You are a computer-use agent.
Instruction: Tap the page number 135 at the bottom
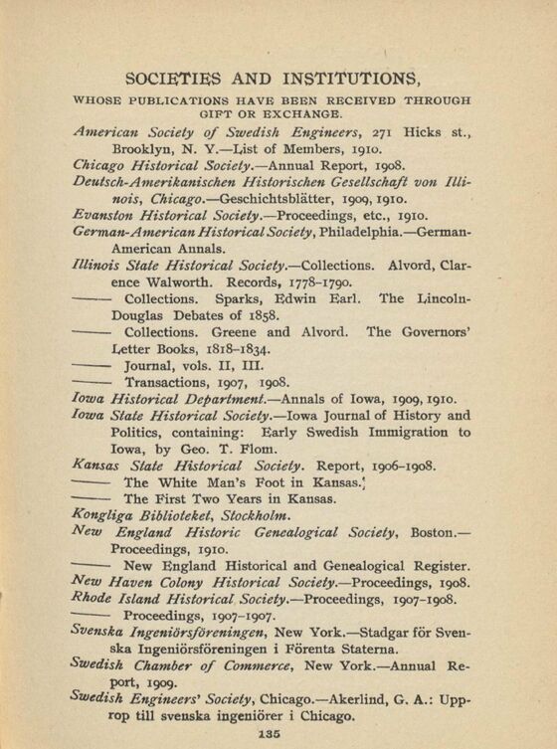[x=277, y=734]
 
